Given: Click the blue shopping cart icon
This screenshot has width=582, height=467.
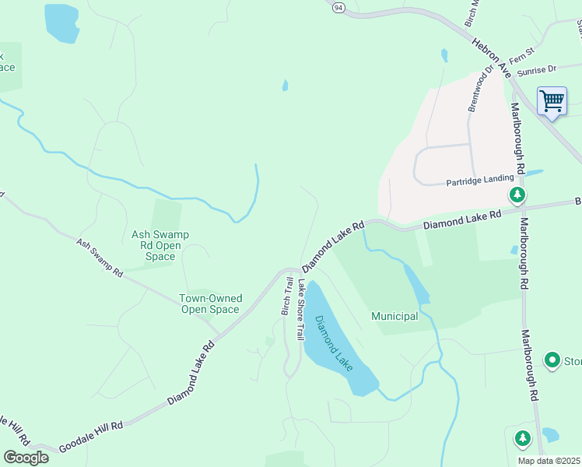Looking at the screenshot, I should point(552,101).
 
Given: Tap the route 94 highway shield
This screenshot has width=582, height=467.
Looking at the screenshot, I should point(338,7).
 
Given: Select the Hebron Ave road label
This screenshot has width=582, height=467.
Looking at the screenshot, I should point(493,58).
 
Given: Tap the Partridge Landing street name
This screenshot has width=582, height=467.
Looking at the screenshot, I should point(479,182).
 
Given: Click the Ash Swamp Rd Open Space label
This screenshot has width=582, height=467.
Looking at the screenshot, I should point(160,245).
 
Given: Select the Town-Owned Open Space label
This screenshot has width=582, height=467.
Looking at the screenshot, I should point(210,304).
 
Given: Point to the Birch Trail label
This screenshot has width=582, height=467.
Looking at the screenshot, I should point(286,297).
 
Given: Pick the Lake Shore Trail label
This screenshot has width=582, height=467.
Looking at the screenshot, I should point(300,309).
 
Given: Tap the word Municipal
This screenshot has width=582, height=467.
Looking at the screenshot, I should point(394,316).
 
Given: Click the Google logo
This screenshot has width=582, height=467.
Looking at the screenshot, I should point(26,458).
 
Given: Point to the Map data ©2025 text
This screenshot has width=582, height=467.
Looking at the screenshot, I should point(548,461).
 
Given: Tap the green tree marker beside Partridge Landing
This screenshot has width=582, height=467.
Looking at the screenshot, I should point(515,194).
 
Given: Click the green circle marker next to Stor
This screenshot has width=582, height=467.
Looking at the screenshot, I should point(552,360).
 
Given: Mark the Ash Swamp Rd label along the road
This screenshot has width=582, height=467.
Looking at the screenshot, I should point(100,258).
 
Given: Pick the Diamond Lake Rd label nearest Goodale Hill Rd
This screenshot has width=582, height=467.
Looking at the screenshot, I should point(190,374).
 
